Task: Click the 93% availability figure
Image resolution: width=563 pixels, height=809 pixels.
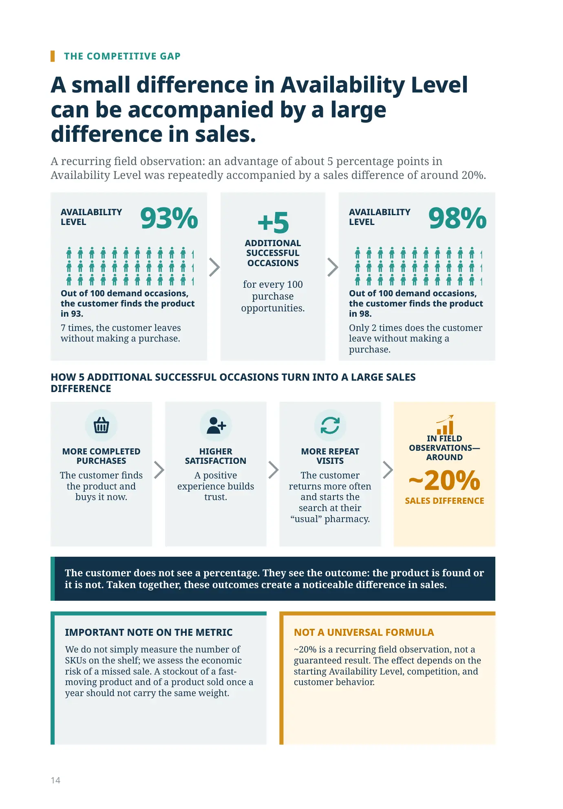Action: point(169,218)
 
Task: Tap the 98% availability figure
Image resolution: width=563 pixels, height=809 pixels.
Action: point(457,218)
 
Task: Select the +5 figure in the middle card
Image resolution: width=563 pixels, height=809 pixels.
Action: point(273,222)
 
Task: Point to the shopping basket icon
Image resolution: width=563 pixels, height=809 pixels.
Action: point(101,425)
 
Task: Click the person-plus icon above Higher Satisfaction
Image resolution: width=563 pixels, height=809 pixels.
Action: point(216,425)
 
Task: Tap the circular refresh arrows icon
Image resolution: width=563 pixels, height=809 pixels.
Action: point(330,425)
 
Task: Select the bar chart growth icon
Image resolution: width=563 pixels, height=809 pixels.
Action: point(445,425)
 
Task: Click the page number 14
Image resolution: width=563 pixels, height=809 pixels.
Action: point(55,780)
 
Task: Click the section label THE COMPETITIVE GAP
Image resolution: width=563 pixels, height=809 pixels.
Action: point(122,56)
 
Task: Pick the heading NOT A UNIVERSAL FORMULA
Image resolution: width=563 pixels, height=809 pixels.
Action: point(364,632)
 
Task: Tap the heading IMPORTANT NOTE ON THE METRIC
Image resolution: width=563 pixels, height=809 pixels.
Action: point(148,632)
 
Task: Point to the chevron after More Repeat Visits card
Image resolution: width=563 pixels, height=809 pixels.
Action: point(388,470)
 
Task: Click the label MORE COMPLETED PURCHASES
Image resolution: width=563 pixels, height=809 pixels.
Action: point(101,456)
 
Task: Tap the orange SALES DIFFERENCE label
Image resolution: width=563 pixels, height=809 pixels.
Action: point(444,500)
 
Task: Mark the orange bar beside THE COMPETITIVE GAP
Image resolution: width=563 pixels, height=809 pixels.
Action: point(53,56)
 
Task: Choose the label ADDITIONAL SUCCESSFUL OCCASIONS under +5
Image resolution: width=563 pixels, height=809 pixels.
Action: point(273,253)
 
